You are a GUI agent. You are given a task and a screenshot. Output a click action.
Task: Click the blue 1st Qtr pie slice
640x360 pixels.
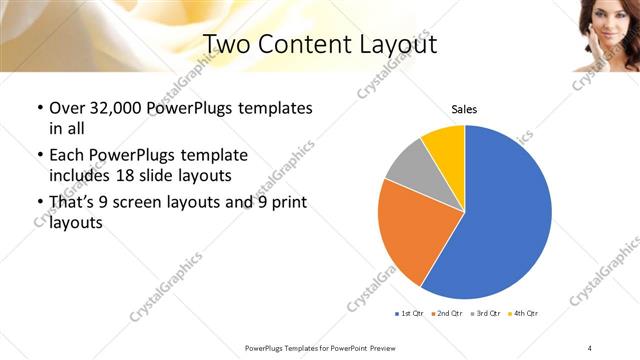click(x=505, y=215)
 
